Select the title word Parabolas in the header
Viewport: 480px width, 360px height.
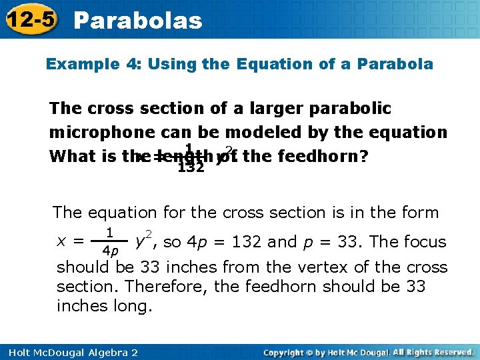pyautogui.click(x=137, y=20)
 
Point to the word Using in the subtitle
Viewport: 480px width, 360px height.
pyautogui.click(x=171, y=65)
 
